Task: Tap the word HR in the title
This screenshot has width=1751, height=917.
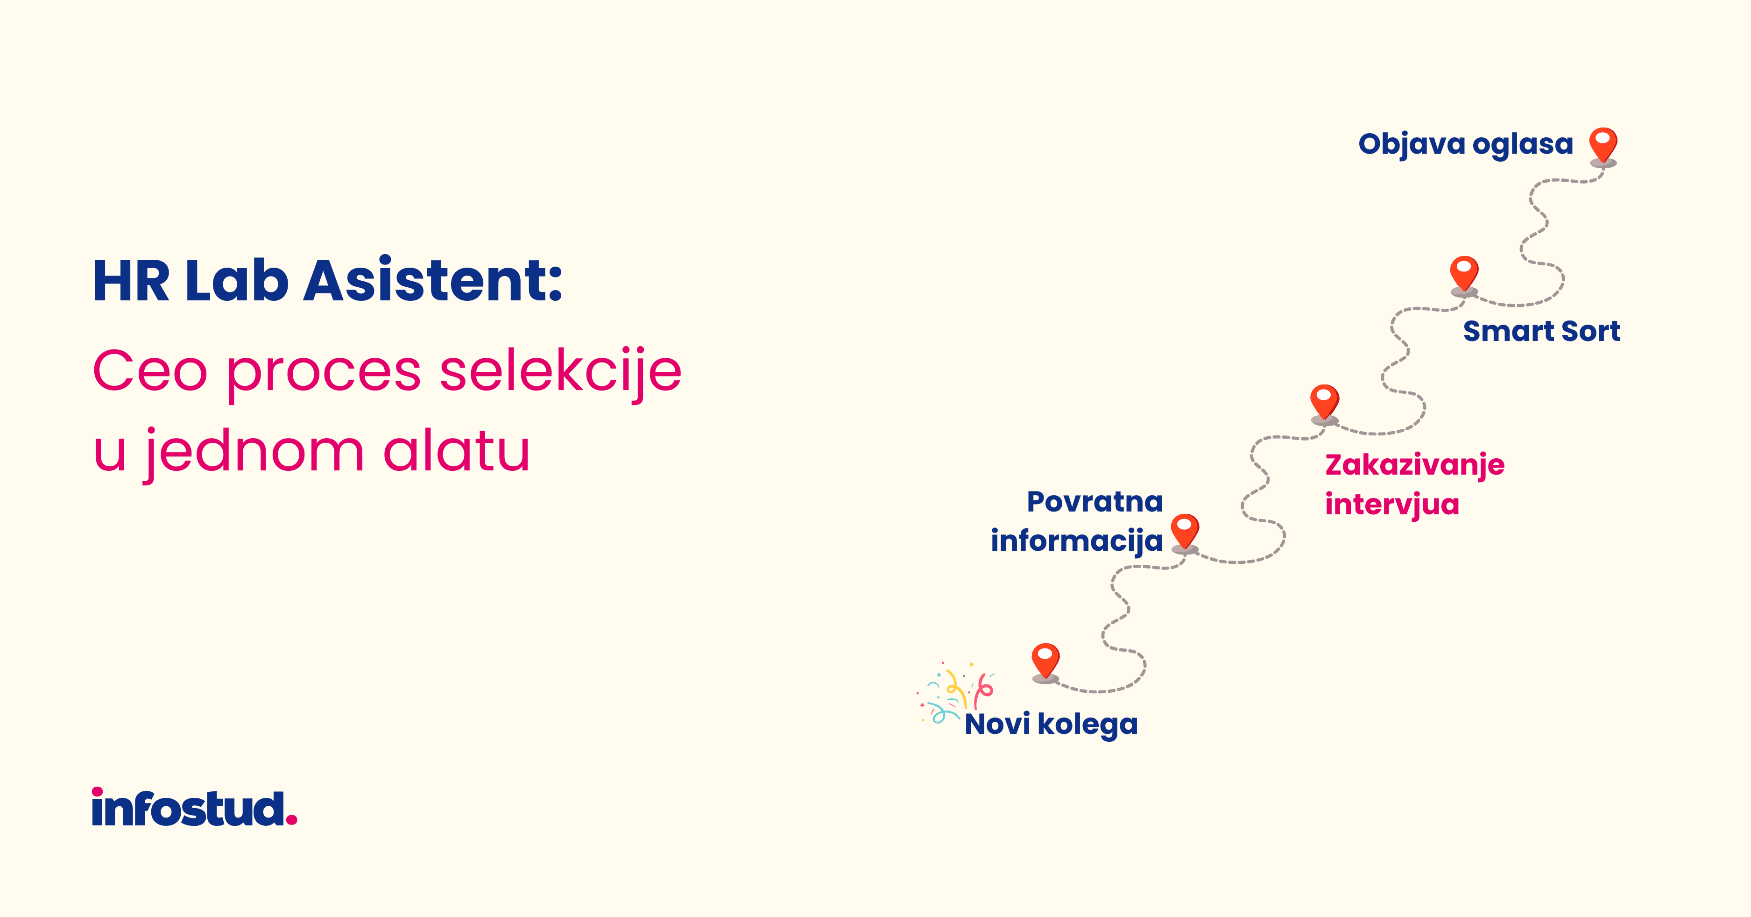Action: (x=131, y=280)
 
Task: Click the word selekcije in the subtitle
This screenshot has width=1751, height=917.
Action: (x=561, y=371)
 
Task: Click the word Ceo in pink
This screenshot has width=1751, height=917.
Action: (x=149, y=371)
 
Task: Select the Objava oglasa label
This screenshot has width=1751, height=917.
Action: (x=1466, y=144)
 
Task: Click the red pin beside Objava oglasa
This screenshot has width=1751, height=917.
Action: (x=1603, y=146)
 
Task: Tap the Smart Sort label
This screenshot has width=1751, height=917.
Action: (x=1541, y=331)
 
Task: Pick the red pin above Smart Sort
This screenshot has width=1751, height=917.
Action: (x=1464, y=275)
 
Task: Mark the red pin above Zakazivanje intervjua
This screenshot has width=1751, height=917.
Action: (x=1324, y=404)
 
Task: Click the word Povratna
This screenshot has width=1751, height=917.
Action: (x=1095, y=502)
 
